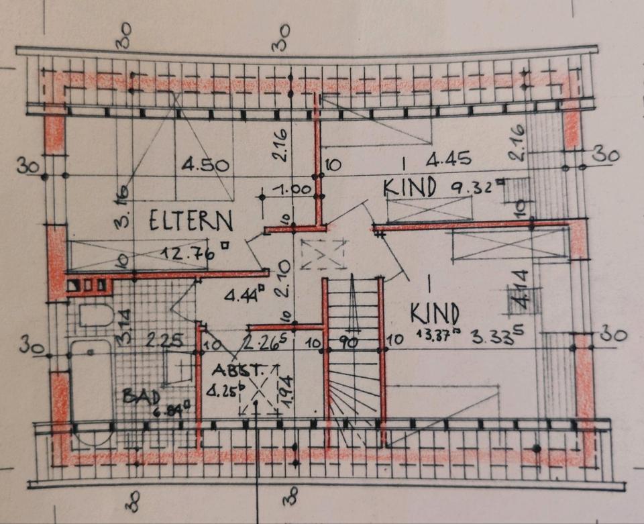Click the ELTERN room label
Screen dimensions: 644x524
tap(191, 221)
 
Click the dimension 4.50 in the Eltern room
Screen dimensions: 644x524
tap(206, 165)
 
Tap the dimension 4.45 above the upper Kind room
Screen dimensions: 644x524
tap(449, 160)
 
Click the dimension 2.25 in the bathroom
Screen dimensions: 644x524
tap(165, 341)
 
